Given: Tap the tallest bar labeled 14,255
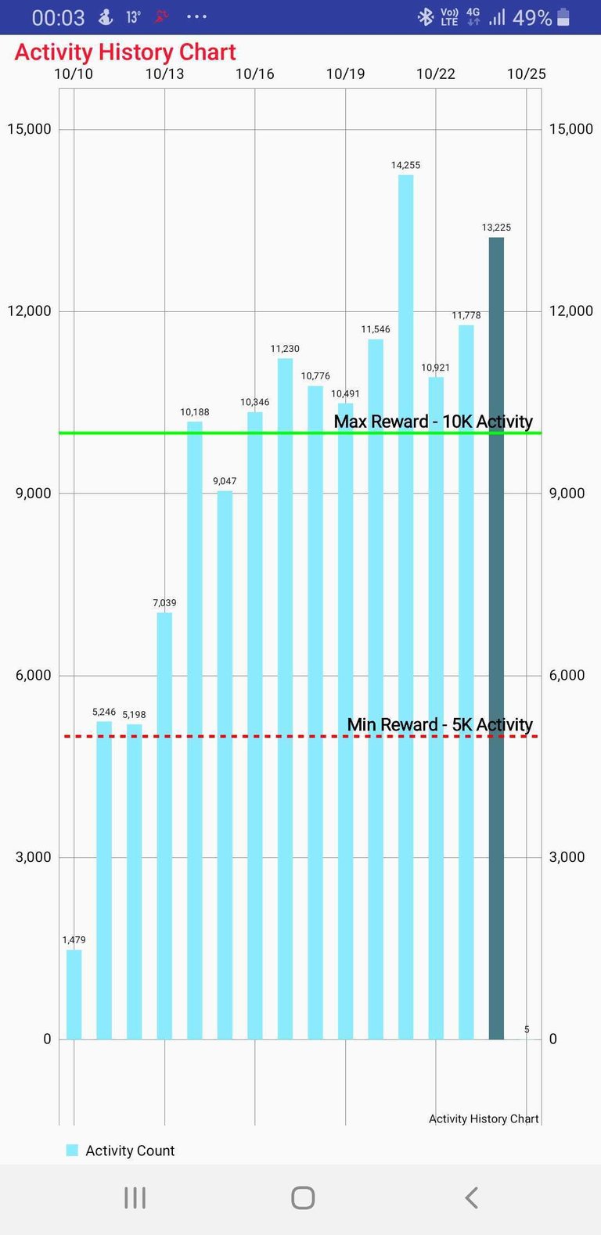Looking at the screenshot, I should pos(405,606).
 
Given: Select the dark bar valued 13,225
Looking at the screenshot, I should pos(496,637).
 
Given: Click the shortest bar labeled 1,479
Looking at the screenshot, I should pos(74,994).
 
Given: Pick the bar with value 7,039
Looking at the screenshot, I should pos(164,825).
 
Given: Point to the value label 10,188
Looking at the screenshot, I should pos(195,412).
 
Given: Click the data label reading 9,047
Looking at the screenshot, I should pos(225,481).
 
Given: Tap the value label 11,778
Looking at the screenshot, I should pos(466,315).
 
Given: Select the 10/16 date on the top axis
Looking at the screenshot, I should pos(255,74).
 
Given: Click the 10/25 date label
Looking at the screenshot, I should pos(526,74).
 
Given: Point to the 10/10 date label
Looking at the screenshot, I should pos(74,74).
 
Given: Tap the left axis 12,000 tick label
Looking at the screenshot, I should pos(29,311).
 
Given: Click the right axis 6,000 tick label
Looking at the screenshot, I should pos(567,675).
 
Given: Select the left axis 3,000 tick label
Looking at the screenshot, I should pos(33,857).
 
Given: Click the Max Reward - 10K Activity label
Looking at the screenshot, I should pos(433,422).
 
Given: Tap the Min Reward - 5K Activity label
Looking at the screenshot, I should pos(440,725).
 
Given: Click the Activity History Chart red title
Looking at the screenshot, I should pos(125,52).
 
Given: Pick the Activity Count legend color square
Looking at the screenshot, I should pos(72,1151).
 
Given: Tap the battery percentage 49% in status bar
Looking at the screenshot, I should pos(532,17).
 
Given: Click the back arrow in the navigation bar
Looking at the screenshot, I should pos(471,1197).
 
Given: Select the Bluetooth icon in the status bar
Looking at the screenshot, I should pos(425,17).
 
